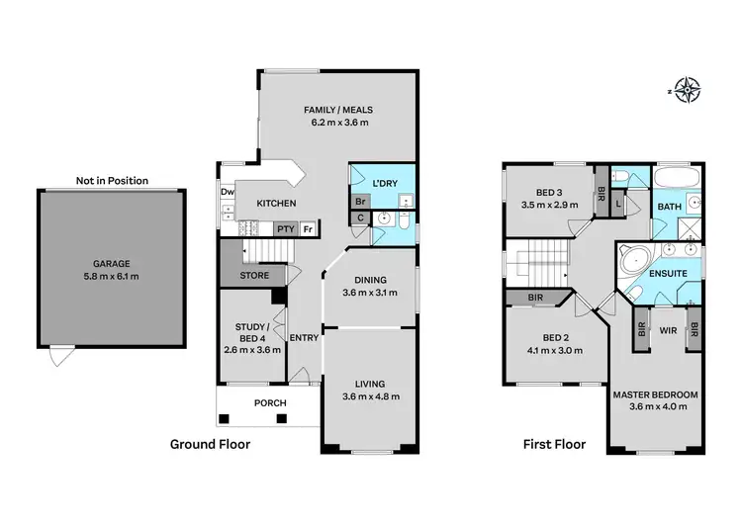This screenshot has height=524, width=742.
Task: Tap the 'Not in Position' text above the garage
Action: click(x=112, y=181)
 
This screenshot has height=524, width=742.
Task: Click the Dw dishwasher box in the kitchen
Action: click(x=228, y=193)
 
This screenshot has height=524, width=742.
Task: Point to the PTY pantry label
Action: click(x=285, y=228)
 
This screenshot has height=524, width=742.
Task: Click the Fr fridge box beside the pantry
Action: click(x=309, y=228)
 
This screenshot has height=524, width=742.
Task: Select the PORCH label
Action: click(x=269, y=402)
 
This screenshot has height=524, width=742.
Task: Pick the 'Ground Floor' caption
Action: click(x=210, y=445)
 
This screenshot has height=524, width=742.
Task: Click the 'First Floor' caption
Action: click(x=554, y=445)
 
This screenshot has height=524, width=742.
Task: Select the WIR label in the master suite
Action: click(x=667, y=330)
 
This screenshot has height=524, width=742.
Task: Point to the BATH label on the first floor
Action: click(x=669, y=207)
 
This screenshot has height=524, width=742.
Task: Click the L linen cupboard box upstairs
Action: click(x=618, y=202)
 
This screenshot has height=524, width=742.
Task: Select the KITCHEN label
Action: click(x=276, y=203)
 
